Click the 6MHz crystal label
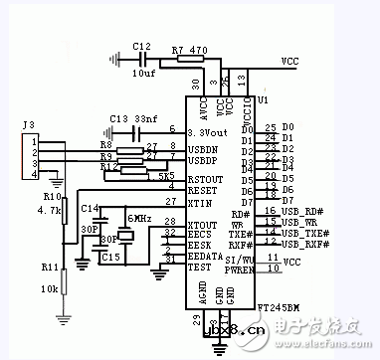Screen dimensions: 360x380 [136, 218]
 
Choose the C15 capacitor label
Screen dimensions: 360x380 [111, 258]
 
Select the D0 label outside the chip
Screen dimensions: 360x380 [288, 126]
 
